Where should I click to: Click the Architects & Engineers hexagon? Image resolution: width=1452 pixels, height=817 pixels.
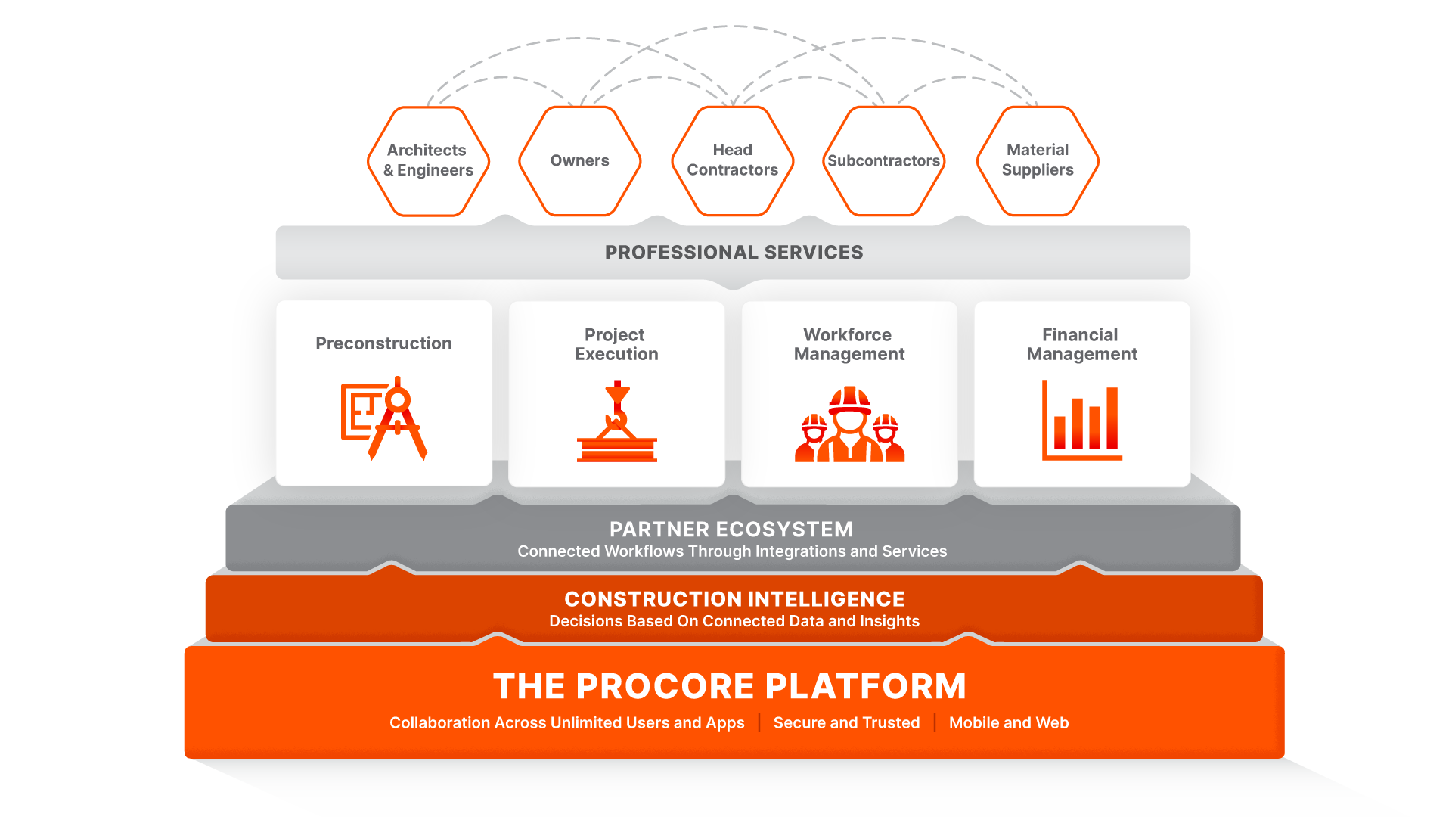coord(428,160)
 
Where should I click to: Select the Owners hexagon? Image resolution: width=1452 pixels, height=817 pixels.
coord(579,160)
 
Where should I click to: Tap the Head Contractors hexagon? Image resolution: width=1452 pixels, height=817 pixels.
coord(732,160)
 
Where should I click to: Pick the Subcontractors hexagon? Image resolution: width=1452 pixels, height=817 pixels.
coord(883,160)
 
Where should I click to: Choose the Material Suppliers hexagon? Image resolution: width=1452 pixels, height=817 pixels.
coord(1038,160)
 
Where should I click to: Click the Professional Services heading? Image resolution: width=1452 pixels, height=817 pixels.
coord(734,253)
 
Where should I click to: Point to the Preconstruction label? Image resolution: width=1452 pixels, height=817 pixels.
coord(383,343)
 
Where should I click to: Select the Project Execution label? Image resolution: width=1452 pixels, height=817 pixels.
coord(616,344)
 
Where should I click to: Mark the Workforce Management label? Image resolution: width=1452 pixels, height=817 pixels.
coord(849,344)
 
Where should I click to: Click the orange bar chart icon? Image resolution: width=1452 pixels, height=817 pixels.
coord(1081,421)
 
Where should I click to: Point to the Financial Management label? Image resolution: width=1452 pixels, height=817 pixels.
coord(1081,344)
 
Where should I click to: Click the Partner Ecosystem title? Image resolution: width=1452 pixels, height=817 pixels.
coord(731,530)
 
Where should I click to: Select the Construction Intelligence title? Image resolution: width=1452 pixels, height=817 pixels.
coord(734,599)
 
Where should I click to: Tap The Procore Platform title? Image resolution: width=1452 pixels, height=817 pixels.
coord(730,687)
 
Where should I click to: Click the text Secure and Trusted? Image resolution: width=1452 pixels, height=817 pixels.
coord(846,723)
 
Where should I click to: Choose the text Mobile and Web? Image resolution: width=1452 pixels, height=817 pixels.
coord(1009,723)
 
